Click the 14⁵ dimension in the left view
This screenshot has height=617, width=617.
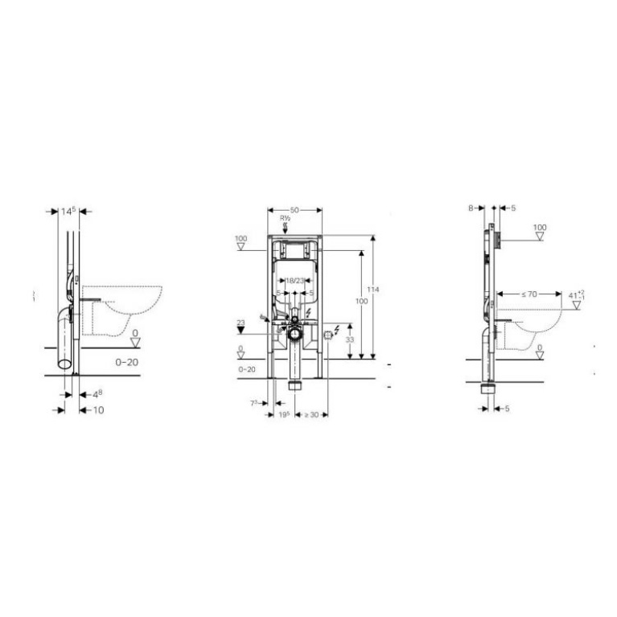click(x=69, y=212)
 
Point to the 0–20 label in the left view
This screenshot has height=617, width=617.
click(x=126, y=363)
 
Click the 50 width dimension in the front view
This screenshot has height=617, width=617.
click(x=294, y=209)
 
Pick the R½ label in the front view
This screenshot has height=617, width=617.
click(x=284, y=219)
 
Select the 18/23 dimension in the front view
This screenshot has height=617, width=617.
click(x=294, y=280)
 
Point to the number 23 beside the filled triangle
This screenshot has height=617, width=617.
click(x=240, y=323)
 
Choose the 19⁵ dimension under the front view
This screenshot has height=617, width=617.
click(x=283, y=414)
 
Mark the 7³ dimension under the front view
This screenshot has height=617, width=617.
click(x=255, y=402)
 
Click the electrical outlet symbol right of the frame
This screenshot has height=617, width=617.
click(x=327, y=334)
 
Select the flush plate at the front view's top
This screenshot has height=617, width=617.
click(x=294, y=250)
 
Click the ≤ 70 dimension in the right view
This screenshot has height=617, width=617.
click(x=527, y=294)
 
